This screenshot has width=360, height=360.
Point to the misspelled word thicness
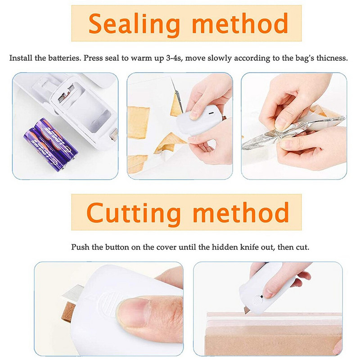tap(332, 58)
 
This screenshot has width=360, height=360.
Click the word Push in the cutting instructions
tap(79, 247)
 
